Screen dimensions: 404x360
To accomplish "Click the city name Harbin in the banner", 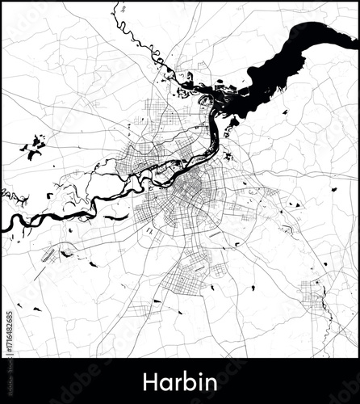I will coord(180,381).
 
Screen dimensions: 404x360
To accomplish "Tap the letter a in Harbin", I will coord(165,382).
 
